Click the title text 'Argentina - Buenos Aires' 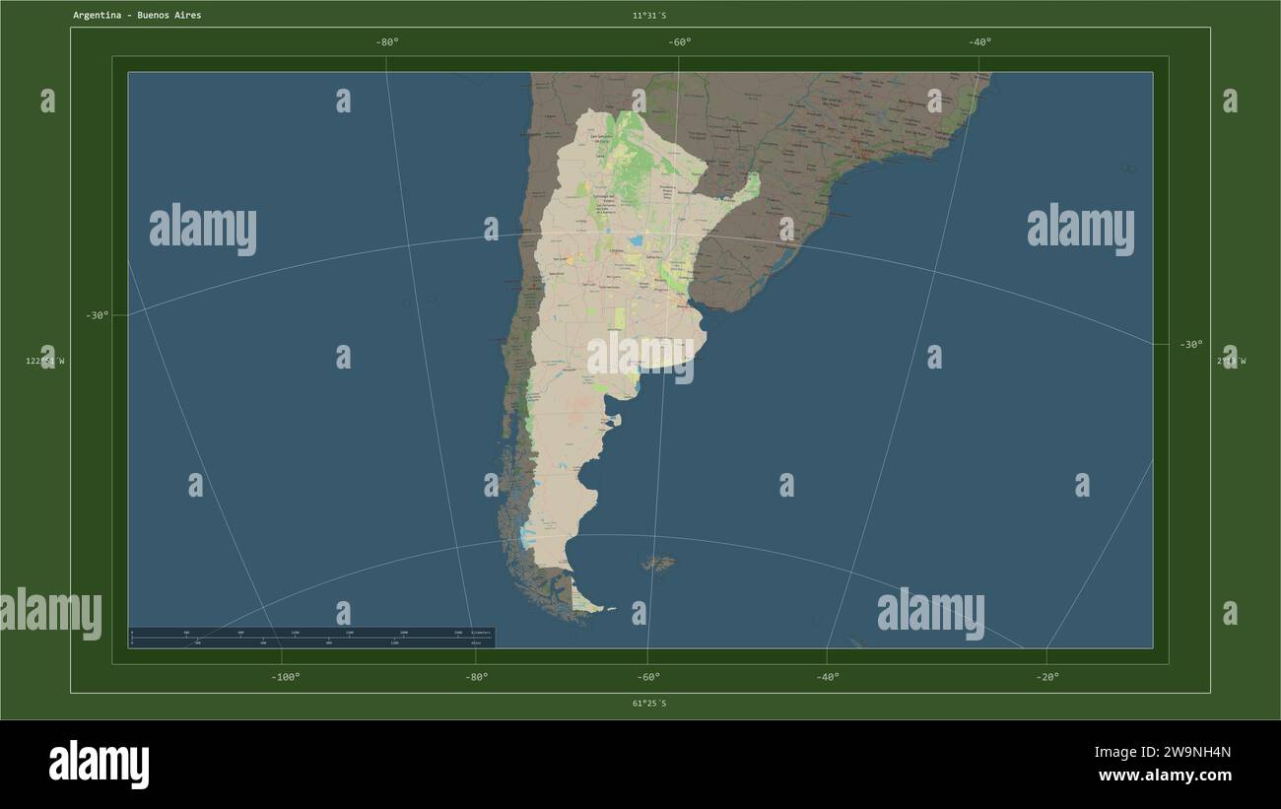(x=137, y=16)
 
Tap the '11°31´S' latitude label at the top (x=649, y=16)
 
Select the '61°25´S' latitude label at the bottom (x=649, y=704)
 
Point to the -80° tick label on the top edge (x=387, y=41)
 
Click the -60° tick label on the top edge (x=679, y=41)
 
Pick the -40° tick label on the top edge (x=979, y=41)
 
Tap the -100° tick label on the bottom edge (x=286, y=677)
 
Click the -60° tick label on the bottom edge (x=648, y=677)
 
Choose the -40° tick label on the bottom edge (x=828, y=677)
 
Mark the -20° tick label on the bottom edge (x=1047, y=677)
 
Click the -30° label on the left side (x=97, y=315)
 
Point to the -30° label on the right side (x=1191, y=345)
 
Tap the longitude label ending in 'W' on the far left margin (x=45, y=362)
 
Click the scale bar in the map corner (x=311, y=638)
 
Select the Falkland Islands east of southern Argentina (x=659, y=565)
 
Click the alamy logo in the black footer (x=100, y=764)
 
